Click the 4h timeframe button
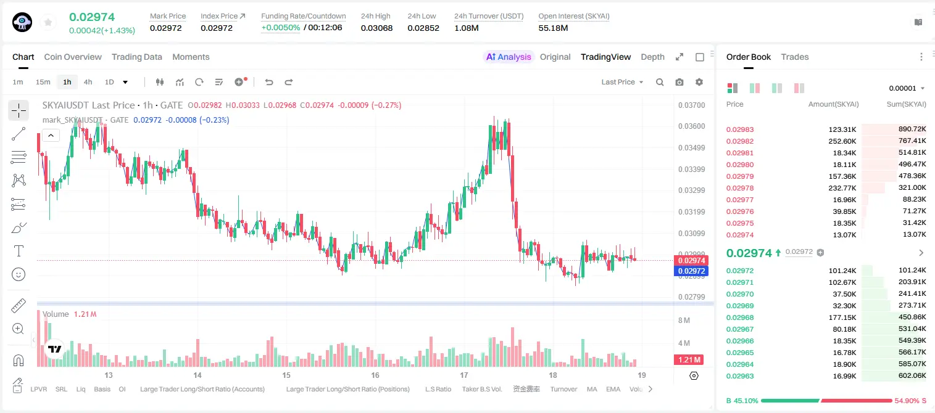point(88,82)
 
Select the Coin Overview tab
point(73,57)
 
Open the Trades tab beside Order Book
point(795,57)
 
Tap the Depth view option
point(652,57)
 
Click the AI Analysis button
point(509,57)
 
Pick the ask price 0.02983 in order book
point(740,129)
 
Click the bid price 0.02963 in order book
point(740,376)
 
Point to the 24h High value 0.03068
point(376,28)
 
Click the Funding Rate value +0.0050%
point(280,28)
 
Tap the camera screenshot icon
point(679,82)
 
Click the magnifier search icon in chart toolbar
point(660,82)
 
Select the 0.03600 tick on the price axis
point(692,126)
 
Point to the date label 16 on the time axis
point(375,375)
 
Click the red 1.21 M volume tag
point(689,359)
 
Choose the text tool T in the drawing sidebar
point(19,251)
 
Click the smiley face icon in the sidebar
point(19,274)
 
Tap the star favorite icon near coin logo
point(48,22)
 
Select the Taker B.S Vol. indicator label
point(481,389)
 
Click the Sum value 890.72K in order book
point(912,129)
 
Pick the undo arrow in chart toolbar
point(269,82)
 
